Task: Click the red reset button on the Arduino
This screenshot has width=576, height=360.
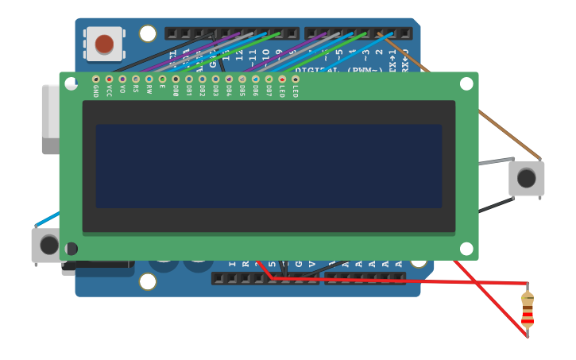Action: pyautogui.click(x=104, y=44)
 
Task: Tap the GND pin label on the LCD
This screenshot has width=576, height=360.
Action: pyautogui.click(x=96, y=92)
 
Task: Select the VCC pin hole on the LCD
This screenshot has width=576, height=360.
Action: pyautogui.click(x=109, y=79)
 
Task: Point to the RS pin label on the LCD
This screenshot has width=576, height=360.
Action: pyautogui.click(x=136, y=91)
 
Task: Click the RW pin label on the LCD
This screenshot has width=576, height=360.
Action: pyautogui.click(x=149, y=91)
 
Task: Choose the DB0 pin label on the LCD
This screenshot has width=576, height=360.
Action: pyautogui.click(x=176, y=92)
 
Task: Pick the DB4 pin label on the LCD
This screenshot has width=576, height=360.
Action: pyautogui.click(x=229, y=92)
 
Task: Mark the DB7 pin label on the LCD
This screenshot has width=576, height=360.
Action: pyautogui.click(x=269, y=92)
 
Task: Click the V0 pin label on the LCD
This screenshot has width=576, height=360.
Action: pyautogui.click(x=122, y=90)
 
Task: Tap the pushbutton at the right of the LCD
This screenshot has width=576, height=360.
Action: pyautogui.click(x=527, y=178)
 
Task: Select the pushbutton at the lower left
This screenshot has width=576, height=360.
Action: pyautogui.click(x=48, y=245)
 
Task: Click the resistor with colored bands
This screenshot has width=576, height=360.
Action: pyautogui.click(x=528, y=310)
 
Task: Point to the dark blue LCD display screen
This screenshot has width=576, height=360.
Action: pyautogui.click(x=269, y=165)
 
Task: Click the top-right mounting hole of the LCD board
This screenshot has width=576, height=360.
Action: pyautogui.click(x=466, y=83)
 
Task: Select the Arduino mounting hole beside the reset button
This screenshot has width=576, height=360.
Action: pyautogui.click(x=148, y=33)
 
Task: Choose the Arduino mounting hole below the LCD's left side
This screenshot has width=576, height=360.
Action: pyautogui.click(x=148, y=281)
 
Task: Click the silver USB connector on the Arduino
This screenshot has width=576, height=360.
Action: pyautogui.click(x=49, y=111)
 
